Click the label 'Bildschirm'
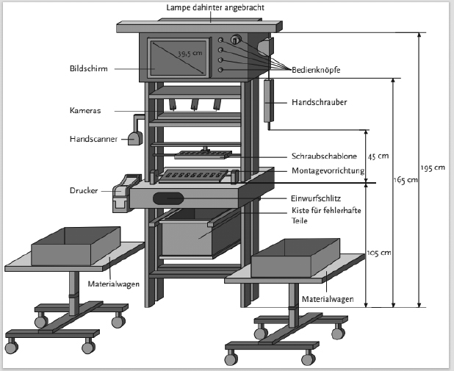89,68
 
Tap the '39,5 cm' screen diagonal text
190,54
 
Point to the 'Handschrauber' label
319,102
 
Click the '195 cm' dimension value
433,168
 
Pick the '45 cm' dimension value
378,156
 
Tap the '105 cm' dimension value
379,253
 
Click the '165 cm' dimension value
406,180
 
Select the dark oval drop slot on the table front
168,198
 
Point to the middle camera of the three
195,104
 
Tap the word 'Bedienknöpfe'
316,70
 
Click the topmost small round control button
220,40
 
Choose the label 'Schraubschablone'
324,156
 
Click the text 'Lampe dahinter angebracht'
215,7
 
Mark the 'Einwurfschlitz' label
316,198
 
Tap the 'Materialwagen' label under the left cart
113,284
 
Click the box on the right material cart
295,258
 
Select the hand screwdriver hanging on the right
269,101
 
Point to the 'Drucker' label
84,190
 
